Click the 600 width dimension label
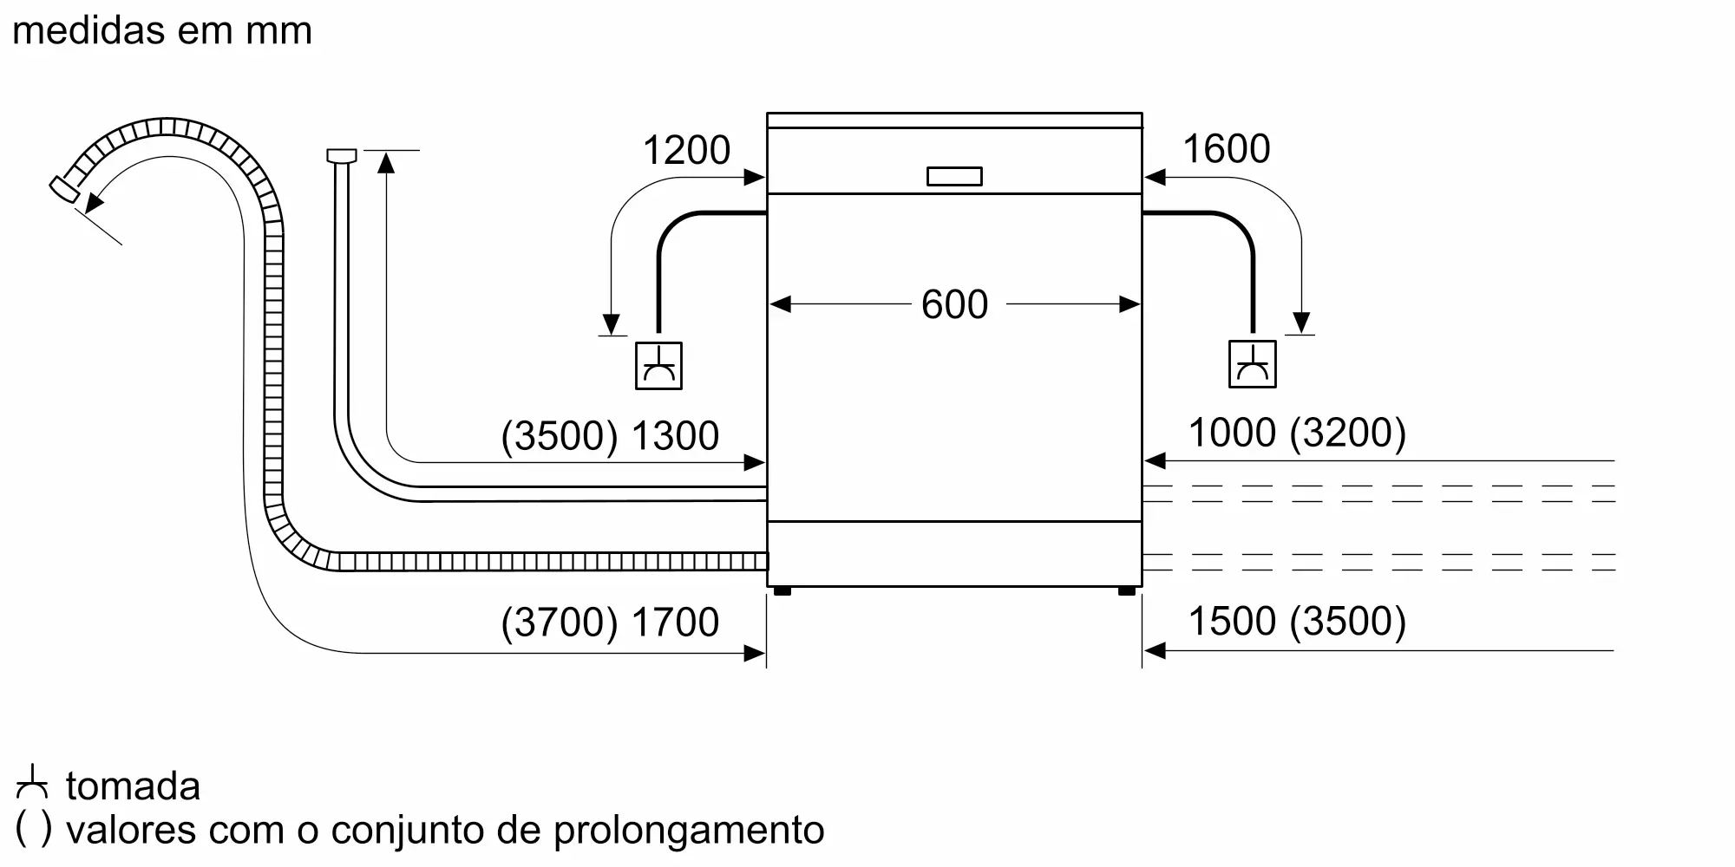pos(954,304)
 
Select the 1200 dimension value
pos(686,151)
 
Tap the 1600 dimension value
pos(1226,149)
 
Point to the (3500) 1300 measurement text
pos(610,436)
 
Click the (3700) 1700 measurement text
pos(610,623)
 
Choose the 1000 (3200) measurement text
pos(1297,433)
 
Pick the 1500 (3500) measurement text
pos(1297,621)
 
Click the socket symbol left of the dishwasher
pos(658,365)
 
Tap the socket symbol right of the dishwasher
pos(1253,364)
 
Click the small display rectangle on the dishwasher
pos(954,176)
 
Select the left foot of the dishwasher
pos(782,591)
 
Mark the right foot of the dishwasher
pos(1127,591)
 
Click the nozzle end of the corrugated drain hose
pos(62,190)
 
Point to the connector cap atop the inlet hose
pos(341,156)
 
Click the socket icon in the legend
pos(32,782)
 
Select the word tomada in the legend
pos(133,786)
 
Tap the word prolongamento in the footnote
pos(689,831)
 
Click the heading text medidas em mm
pos(162,31)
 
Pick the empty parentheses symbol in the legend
pos(34,830)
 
